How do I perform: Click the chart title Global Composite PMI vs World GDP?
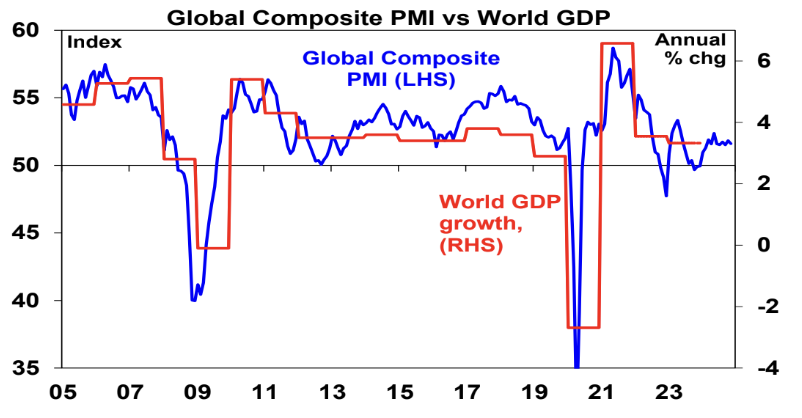(400, 15)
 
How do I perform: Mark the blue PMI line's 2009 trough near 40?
(193, 299)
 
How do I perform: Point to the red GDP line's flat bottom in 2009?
(213, 248)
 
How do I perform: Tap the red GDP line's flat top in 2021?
(616, 44)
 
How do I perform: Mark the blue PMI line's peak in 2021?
(612, 48)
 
